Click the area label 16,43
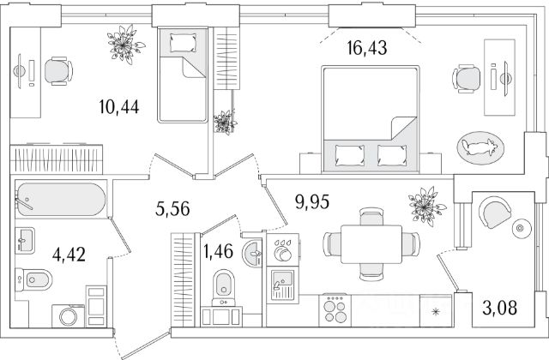(368, 49)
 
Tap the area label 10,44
(119, 108)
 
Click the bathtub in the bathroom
(59, 201)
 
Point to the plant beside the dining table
(423, 207)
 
